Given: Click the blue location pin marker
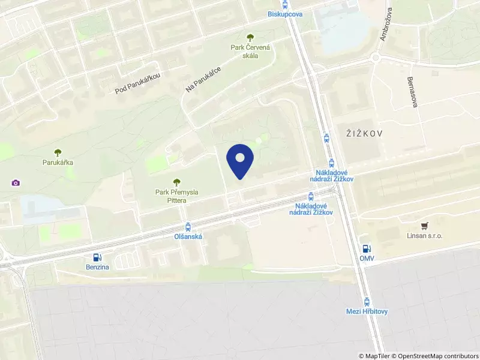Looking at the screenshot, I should tap(240, 160).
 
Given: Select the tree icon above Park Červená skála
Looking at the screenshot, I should tap(251, 37).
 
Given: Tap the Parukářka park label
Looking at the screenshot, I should tap(58, 162).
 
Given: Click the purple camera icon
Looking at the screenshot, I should tap(15, 182).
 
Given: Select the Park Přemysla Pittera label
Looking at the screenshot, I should tap(176, 196).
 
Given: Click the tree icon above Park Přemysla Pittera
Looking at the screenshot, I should tap(176, 182).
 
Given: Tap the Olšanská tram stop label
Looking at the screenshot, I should tap(188, 236).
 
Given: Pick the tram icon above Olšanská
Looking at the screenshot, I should tap(188, 226).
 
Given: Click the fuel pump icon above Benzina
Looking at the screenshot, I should tap(97, 257).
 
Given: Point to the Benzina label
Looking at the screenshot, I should tap(97, 266).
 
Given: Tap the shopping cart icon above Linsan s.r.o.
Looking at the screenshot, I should tap(425, 226).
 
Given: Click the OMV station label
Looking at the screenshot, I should tap(367, 259).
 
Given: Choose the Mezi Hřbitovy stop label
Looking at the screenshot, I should tap(367, 311).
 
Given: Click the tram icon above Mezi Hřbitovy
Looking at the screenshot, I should tap(367, 301).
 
